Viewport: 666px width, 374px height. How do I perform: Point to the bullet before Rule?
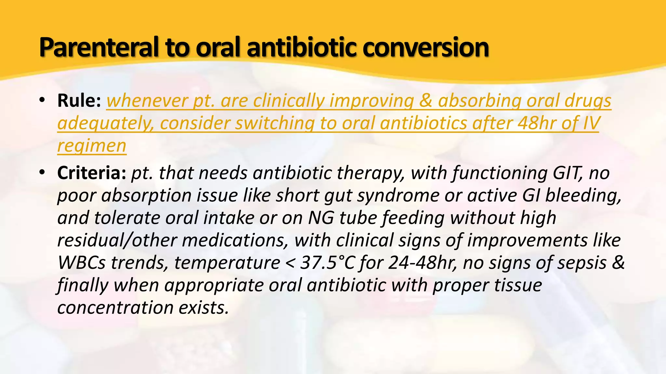42,101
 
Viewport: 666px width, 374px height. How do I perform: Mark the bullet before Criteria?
42,173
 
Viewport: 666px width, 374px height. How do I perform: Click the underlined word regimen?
92,146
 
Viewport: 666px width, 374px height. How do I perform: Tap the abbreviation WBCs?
81,263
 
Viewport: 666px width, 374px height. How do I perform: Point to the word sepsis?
582,263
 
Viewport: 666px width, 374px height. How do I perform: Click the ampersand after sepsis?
618,263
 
